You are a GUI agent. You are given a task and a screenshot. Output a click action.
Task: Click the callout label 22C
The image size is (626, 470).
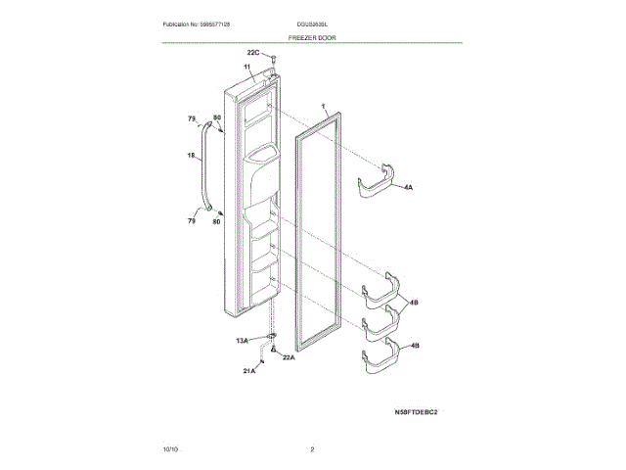coord(252,51)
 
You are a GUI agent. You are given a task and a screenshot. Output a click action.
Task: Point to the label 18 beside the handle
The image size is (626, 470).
coord(192,155)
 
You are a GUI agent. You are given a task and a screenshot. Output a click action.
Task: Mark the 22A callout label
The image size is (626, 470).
coord(289,357)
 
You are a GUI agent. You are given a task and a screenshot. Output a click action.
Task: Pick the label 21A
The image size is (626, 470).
coord(249,372)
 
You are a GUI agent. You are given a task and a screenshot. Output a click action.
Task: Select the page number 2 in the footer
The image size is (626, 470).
coord(312,448)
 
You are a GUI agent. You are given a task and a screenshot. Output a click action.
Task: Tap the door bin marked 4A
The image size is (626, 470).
coord(379,183)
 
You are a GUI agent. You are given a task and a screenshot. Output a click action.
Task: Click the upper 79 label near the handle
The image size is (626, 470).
coord(192,119)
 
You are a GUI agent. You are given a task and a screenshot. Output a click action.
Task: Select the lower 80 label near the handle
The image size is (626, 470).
coord(217,222)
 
